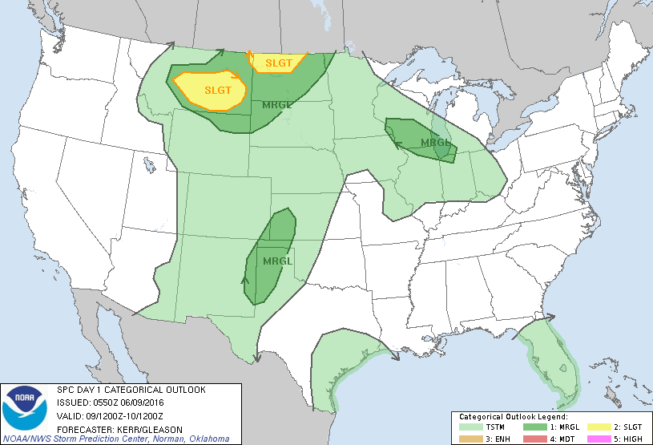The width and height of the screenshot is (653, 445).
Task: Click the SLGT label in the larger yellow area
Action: click(216, 90)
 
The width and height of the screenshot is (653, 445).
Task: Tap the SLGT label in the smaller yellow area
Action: click(278, 62)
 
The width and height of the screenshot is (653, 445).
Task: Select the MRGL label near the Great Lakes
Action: click(437, 143)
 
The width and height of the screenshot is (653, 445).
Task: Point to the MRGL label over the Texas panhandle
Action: click(277, 261)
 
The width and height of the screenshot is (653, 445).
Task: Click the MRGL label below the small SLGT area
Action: click(277, 104)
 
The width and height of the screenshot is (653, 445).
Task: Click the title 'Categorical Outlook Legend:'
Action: click(513, 418)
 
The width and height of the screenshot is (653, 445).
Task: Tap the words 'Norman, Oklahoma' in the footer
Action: click(195, 439)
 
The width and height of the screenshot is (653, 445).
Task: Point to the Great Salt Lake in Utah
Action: click(149, 165)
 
